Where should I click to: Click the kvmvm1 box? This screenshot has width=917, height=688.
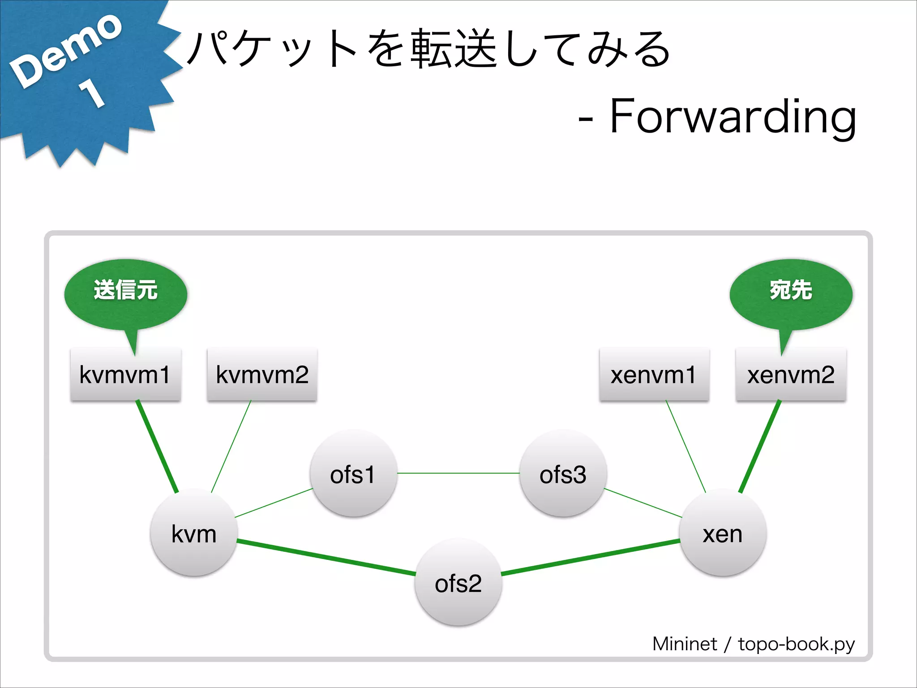pos(125,374)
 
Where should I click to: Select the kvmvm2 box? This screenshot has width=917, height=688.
pos(262,374)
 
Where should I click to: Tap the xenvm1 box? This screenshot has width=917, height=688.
pos(654,374)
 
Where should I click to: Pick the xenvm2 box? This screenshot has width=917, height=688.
pos(791,374)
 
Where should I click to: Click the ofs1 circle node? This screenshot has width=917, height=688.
pos(353,473)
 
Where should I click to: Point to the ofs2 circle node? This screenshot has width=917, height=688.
pos(458,582)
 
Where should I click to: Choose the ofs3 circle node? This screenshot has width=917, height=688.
pos(563,473)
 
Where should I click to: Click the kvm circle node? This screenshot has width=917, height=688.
pos(194,533)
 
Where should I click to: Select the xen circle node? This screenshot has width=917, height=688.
pos(723,533)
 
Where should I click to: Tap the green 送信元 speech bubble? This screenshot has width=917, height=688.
pos(125,293)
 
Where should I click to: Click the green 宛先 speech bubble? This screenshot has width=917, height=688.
pos(791,293)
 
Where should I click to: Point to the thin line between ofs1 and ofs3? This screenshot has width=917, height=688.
pos(458,473)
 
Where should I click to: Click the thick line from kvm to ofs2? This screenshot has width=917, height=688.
pos(326,558)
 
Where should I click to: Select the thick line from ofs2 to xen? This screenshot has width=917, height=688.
pos(590,558)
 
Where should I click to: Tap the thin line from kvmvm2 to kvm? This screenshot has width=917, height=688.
pos(231,446)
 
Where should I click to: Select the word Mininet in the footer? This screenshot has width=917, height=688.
pos(684,644)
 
